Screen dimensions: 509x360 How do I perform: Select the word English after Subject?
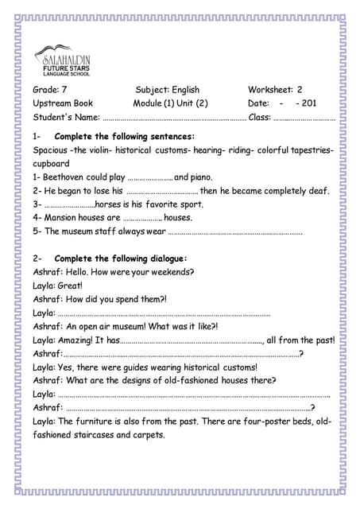(184, 90)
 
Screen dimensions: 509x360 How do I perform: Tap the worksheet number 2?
(300, 90)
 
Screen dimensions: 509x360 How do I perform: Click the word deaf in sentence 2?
(319, 191)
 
